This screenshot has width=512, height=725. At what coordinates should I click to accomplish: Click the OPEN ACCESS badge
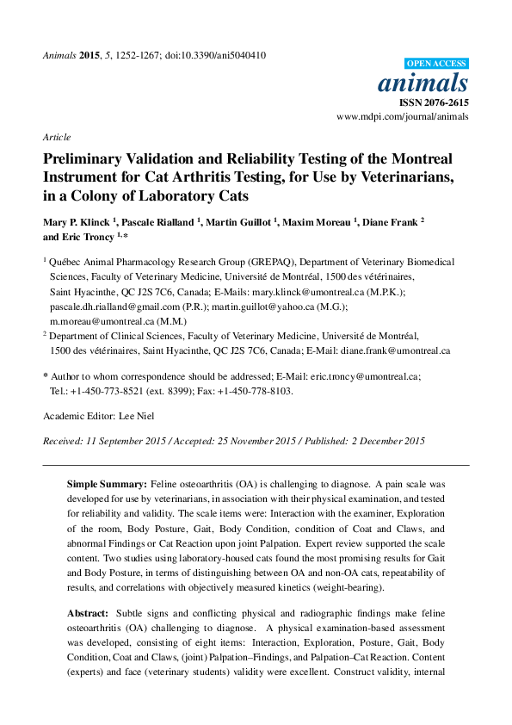click(435, 64)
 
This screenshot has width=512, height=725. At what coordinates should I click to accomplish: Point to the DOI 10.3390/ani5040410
click(219, 55)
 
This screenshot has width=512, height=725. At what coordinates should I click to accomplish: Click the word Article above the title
click(56, 137)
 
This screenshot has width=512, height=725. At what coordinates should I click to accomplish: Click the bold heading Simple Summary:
click(108, 485)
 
